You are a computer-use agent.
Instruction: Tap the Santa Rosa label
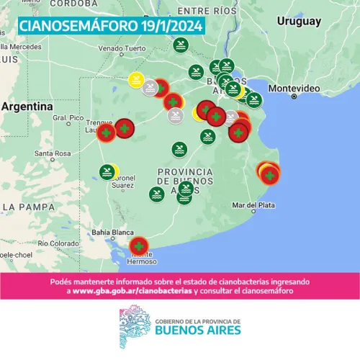click(x=53, y=153)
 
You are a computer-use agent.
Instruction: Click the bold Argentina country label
click(x=27, y=106)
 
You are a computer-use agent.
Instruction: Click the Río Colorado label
click(x=59, y=243)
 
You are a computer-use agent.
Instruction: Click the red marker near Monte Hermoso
click(x=139, y=247)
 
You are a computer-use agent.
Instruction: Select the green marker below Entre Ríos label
click(x=181, y=45)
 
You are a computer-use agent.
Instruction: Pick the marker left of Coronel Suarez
click(x=107, y=171)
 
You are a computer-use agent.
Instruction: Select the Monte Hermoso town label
click(x=141, y=260)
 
